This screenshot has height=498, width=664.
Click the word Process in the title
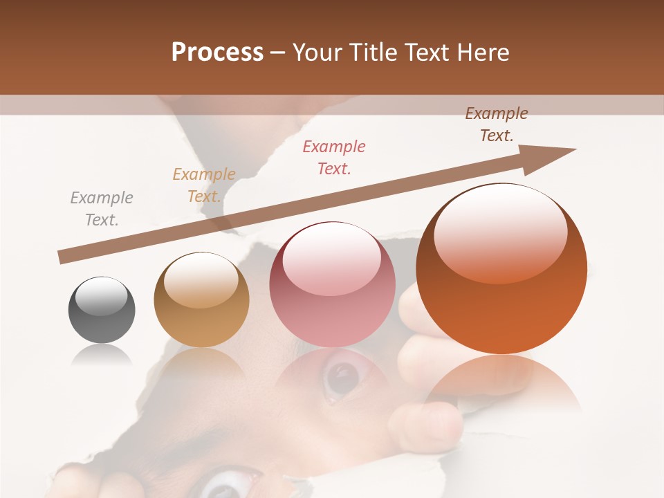(x=217, y=52)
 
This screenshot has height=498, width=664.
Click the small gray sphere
(x=102, y=309)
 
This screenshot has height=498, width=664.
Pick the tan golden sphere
(x=201, y=299)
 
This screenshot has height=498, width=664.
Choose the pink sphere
(x=332, y=284)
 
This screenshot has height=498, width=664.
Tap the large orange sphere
(x=501, y=268)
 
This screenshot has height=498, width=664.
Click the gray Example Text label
(x=102, y=209)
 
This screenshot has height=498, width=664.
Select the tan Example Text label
(x=204, y=185)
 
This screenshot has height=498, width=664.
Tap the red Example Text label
(x=334, y=157)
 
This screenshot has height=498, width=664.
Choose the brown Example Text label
(x=497, y=124)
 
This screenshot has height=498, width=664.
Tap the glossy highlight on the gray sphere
(x=102, y=296)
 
